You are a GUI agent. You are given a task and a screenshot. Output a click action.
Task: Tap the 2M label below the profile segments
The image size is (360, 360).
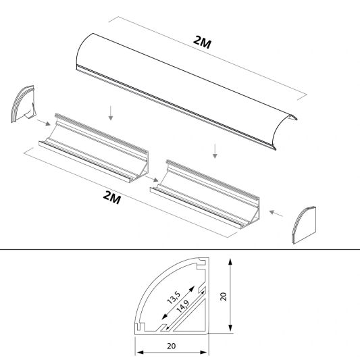pos(112,197)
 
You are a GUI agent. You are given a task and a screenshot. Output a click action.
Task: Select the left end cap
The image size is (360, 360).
pos(22,105)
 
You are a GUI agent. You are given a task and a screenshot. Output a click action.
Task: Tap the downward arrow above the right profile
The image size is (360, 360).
pos(215,151)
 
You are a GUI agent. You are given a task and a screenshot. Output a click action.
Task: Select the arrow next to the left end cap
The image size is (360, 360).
pos(42,122)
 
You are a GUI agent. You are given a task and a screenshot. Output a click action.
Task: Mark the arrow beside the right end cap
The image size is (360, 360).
pos(276,214)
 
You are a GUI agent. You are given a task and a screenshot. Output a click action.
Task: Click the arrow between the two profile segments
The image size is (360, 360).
pos(155,178)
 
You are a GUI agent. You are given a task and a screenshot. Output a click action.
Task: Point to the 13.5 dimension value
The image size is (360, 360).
pos(174,297)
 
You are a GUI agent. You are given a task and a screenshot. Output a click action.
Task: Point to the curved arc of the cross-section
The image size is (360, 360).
pos(152,281)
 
